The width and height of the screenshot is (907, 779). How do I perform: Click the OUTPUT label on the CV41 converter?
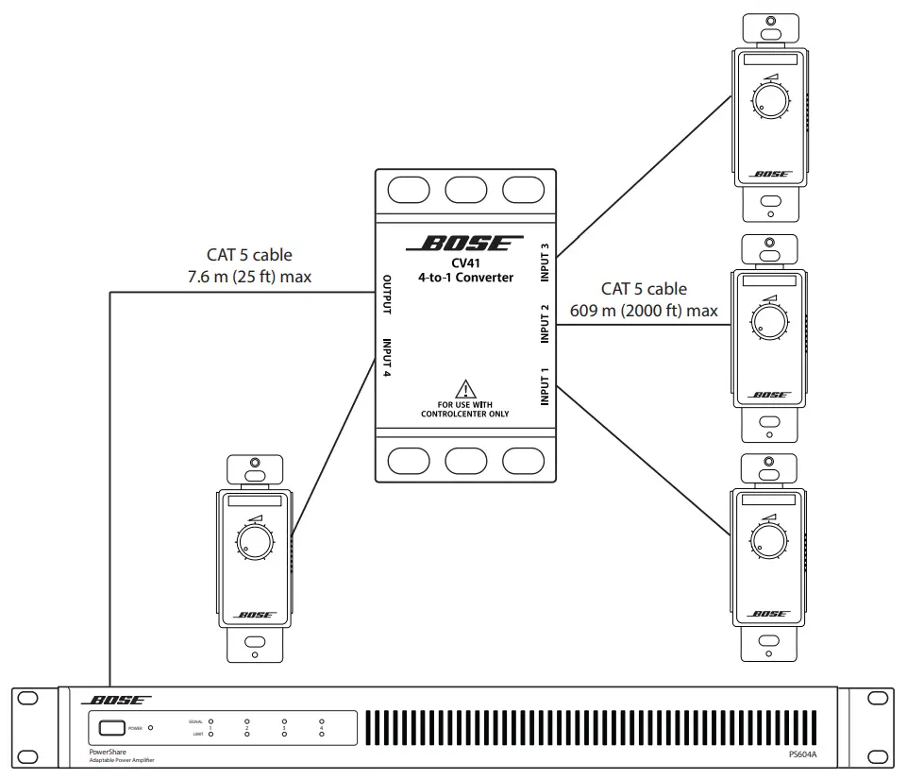click(387, 296)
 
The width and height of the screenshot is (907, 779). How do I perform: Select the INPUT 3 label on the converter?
click(545, 261)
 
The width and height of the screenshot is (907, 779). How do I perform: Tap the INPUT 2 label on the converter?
click(545, 324)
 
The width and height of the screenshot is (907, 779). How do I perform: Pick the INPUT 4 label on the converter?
click(387, 359)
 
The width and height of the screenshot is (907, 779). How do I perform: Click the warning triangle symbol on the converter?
click(464, 388)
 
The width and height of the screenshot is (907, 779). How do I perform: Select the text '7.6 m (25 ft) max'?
click(249, 277)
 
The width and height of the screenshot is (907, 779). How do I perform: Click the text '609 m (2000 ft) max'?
click(644, 311)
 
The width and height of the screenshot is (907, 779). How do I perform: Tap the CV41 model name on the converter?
click(464, 262)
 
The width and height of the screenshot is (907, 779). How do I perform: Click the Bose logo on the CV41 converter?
click(464, 245)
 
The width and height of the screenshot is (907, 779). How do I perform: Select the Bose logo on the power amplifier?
click(117, 701)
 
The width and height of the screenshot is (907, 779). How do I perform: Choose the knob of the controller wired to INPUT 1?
click(770, 538)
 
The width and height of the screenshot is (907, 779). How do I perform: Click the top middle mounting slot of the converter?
click(464, 189)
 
